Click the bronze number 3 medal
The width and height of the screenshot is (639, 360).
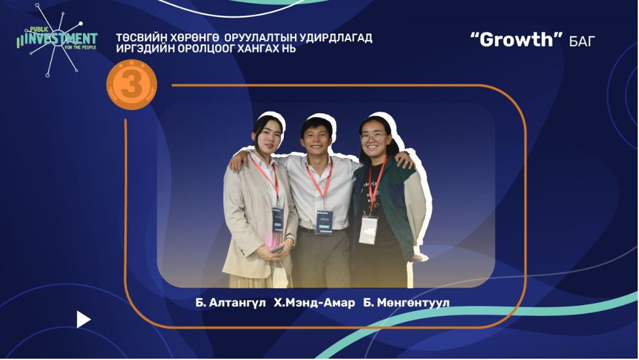[x=131, y=85]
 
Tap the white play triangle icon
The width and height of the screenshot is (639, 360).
[x=83, y=319]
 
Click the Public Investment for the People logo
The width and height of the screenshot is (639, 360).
[x=56, y=40]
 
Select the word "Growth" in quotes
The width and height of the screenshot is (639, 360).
[x=516, y=39]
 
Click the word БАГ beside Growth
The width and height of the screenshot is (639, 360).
[x=582, y=41]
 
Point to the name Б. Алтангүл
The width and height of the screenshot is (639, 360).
[x=230, y=303]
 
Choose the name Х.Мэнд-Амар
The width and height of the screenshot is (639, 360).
[x=314, y=303]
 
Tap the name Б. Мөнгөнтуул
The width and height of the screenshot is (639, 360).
[x=406, y=303]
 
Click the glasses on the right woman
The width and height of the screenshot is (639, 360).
[x=373, y=137]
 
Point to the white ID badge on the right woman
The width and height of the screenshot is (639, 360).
[x=368, y=230]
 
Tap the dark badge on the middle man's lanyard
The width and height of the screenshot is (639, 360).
[x=324, y=222]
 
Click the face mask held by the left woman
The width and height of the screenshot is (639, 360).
[x=280, y=274]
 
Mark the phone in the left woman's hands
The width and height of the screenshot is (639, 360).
[x=277, y=249]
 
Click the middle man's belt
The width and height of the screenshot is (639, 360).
[x=322, y=231]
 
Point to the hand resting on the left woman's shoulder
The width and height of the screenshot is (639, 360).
[x=236, y=162]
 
